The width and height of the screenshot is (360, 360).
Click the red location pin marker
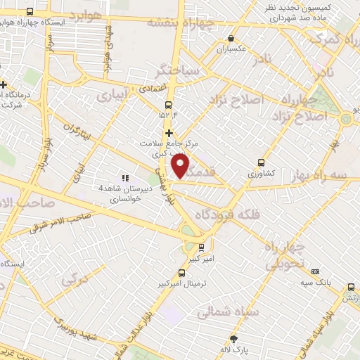point(181,167)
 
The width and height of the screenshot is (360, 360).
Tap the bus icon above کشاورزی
point(262,161)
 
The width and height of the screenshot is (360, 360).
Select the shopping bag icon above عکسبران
point(231,39)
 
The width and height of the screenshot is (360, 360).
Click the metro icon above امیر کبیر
point(201,247)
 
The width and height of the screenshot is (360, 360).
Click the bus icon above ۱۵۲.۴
point(168,105)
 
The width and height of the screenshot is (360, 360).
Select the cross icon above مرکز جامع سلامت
point(169,132)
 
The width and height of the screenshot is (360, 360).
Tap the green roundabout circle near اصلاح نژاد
point(345,119)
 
